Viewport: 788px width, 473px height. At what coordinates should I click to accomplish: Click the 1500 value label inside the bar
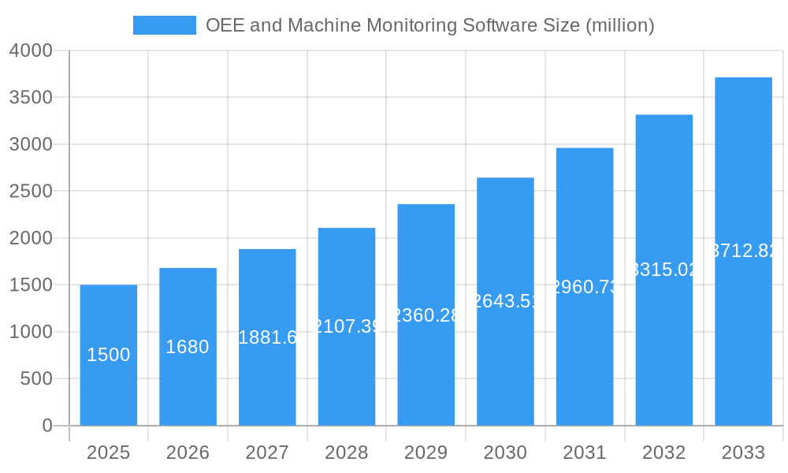[109, 355]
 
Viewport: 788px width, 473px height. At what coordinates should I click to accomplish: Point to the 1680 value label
[188, 347]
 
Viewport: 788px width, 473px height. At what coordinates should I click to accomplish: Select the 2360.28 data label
[426, 315]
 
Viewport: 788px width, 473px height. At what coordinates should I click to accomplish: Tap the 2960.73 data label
[585, 287]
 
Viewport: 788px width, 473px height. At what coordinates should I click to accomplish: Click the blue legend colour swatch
[164, 25]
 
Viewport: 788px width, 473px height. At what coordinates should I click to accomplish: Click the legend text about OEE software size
[429, 25]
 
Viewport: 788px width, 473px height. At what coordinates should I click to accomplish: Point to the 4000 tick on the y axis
[31, 50]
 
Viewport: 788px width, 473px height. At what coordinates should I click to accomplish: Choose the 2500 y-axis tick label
[31, 192]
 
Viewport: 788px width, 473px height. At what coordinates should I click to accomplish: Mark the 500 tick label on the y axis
[36, 379]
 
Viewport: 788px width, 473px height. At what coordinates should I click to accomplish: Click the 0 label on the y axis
[46, 426]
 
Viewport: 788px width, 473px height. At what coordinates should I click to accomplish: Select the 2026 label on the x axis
[188, 453]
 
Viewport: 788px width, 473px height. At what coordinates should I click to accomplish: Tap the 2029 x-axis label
[426, 453]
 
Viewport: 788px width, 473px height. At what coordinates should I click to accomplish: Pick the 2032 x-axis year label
[664, 453]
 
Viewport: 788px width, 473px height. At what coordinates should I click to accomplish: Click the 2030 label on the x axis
[505, 453]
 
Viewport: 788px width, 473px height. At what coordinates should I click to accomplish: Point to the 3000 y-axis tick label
[31, 144]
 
